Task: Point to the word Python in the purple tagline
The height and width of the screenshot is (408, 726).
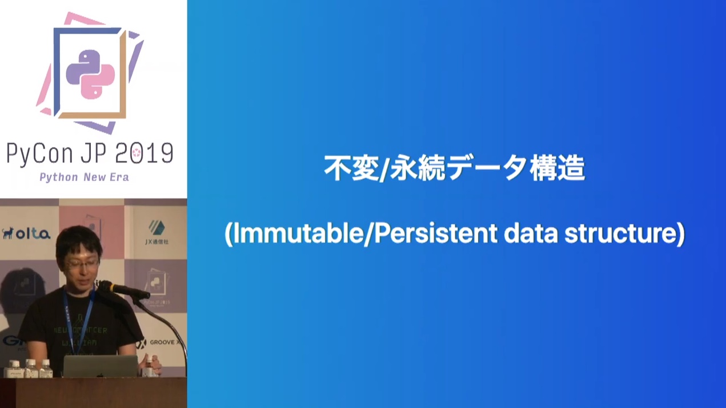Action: [x=58, y=177]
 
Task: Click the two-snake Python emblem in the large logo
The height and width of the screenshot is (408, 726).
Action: [x=90, y=74]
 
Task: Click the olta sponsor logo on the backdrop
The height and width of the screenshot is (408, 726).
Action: [x=27, y=233]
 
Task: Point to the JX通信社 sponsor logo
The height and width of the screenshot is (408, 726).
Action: [x=157, y=232]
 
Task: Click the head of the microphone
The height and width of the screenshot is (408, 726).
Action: [x=109, y=286]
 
